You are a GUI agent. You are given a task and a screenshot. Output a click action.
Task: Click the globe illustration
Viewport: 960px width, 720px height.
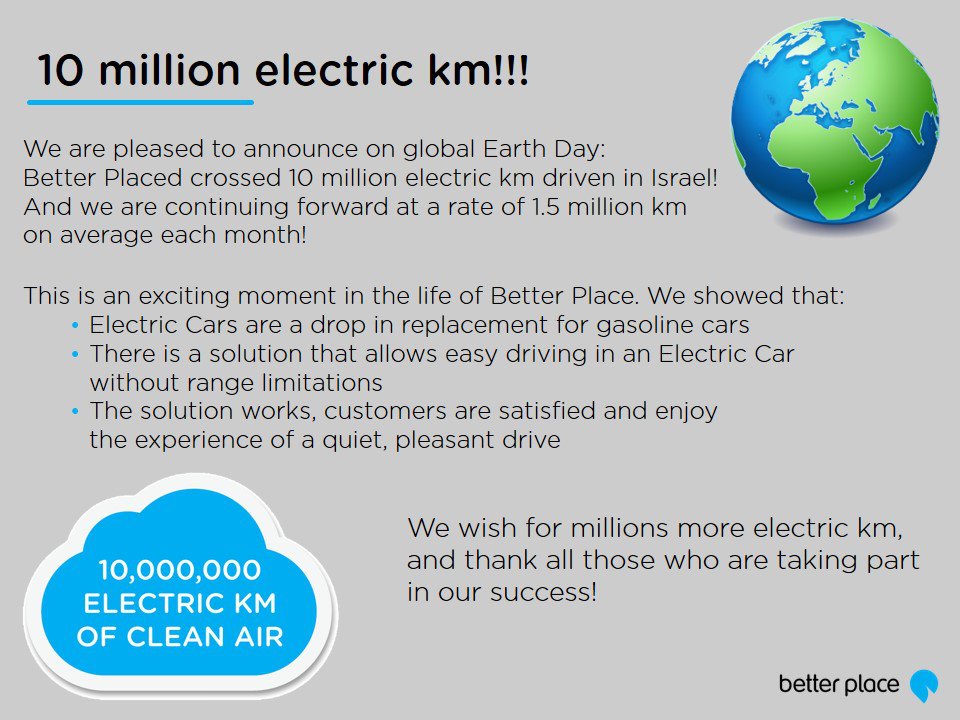[834, 121]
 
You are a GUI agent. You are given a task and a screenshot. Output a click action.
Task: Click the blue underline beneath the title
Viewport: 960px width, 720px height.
[140, 102]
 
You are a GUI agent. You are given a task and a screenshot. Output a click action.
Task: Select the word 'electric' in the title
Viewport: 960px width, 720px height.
[334, 70]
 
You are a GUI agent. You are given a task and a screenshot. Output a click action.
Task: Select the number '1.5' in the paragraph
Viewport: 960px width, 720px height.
[546, 206]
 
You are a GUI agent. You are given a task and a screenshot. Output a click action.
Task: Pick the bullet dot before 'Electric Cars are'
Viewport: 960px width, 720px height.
[75, 326]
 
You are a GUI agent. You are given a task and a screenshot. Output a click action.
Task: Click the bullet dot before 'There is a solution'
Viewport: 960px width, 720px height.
[75, 354]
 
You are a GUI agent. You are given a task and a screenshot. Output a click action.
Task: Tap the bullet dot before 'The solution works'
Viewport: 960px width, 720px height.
[75, 411]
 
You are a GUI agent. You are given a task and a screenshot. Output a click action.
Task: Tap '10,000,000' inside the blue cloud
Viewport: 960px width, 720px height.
[180, 569]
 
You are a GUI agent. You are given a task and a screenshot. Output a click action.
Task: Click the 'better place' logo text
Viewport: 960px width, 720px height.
[839, 684]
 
